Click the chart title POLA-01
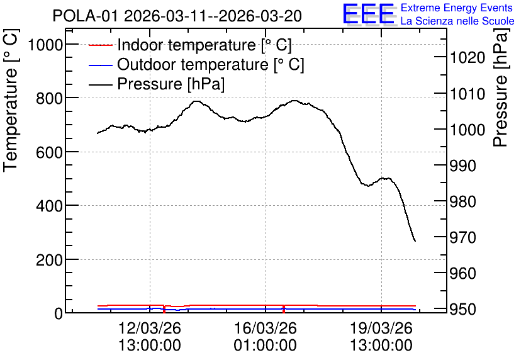[x=85, y=16]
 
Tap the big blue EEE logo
[x=369, y=14]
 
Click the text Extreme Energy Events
[x=457, y=8]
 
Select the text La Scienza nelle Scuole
[x=457, y=21]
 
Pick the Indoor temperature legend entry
[x=190, y=45]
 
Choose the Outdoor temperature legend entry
[x=196, y=64]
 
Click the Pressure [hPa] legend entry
[x=157, y=84]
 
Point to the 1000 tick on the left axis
[x=46, y=45]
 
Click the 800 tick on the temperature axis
[x=50, y=98]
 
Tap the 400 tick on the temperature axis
[x=50, y=206]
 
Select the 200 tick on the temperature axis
[x=50, y=260]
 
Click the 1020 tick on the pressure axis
[x=467, y=58]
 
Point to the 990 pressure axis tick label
[x=463, y=166]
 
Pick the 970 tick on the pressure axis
[x=463, y=237]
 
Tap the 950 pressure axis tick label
[x=463, y=310]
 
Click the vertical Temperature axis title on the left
[x=11, y=101]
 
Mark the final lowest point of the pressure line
[x=415, y=241]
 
